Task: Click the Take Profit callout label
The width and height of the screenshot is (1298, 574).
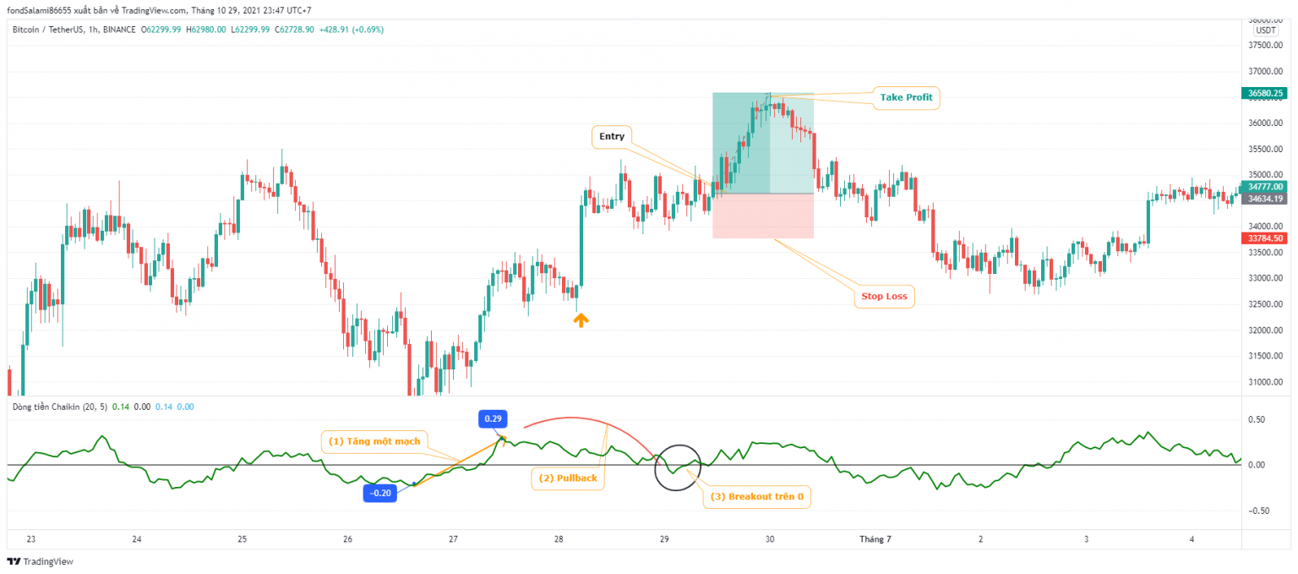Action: tap(906, 98)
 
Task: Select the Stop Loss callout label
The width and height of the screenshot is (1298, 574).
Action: tap(884, 297)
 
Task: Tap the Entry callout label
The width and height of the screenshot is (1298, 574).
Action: tap(612, 137)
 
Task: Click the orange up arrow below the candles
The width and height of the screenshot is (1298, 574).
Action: tap(581, 320)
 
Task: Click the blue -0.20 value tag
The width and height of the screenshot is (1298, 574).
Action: tap(380, 494)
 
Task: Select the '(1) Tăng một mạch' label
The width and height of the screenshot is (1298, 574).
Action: tap(374, 441)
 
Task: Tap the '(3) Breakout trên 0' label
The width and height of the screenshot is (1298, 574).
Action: tap(756, 497)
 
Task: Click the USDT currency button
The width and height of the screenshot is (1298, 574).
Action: tap(1265, 30)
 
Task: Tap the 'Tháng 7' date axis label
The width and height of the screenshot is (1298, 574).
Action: tap(875, 538)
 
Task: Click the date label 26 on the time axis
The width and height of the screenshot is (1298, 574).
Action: tap(348, 538)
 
